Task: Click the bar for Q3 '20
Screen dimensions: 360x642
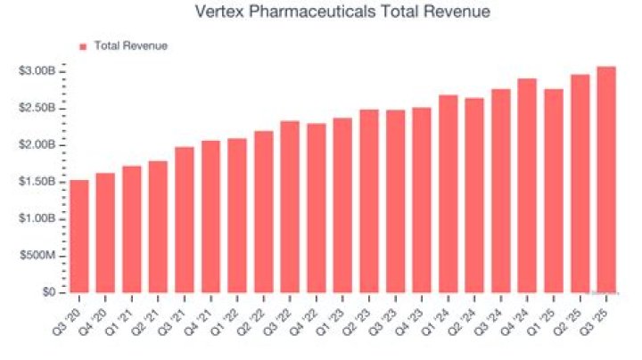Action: tap(78, 236)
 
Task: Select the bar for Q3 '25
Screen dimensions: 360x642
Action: tap(606, 179)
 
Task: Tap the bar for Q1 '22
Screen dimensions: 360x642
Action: tap(237, 215)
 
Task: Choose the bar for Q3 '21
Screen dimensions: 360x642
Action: tap(185, 219)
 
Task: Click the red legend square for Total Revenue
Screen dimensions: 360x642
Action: tap(83, 45)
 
